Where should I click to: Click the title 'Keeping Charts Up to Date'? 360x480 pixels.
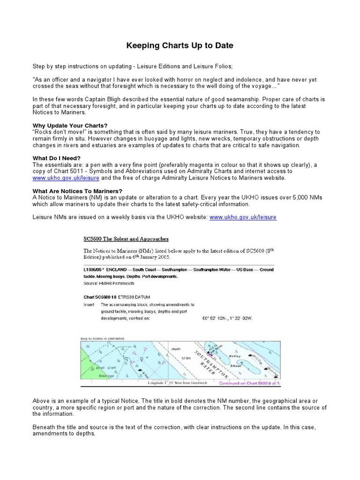click(180, 46)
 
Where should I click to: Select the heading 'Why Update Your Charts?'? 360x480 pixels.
click(70, 126)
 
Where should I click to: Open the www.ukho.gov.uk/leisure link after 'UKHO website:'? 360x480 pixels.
click(243, 217)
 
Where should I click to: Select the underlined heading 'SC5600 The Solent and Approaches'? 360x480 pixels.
click(126, 239)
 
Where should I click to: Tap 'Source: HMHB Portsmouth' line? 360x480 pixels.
click(109, 283)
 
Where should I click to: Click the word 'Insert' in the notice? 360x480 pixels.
click(89, 304)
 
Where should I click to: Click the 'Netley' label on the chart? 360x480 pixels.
click(234, 356)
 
